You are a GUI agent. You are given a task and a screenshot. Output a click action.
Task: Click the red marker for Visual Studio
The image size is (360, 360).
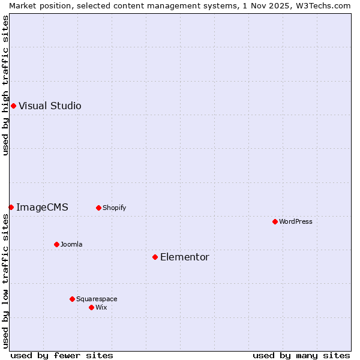coord(13,106)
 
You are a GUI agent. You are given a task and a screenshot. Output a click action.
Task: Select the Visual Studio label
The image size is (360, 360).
coord(50,106)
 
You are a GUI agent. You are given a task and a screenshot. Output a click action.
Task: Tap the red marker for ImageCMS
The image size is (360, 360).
coord(11,207)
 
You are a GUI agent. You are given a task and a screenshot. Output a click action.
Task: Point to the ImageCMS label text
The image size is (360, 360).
coord(42,208)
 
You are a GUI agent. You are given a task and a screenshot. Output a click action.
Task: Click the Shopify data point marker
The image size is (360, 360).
coord(98,208)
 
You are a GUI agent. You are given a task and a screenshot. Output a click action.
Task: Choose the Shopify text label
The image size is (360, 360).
coord(114,208)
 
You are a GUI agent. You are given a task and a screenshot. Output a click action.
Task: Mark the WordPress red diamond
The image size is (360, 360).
coord(275,221)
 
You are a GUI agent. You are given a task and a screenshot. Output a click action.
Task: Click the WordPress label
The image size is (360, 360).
coord(296,221)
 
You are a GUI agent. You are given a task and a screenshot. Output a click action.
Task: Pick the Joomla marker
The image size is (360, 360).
coord(56,244)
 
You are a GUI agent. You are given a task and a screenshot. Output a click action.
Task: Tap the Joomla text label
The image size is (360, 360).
coord(71,244)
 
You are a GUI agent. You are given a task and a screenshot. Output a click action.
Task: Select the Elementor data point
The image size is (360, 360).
coord(155,257)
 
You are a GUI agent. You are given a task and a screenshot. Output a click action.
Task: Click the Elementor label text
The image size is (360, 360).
coord(185,257)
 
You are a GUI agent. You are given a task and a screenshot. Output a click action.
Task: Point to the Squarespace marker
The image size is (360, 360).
coord(72,299)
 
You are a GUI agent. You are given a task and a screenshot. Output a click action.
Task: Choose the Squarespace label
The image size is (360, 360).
coord(97,299)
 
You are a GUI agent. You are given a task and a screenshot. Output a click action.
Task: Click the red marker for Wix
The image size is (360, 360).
coord(91,307)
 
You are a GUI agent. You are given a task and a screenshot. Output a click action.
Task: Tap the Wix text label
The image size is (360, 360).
coord(101,307)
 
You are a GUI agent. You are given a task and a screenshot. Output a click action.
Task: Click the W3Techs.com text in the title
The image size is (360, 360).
coord(327,5)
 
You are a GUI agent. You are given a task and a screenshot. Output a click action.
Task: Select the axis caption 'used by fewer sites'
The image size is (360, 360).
coord(62,355)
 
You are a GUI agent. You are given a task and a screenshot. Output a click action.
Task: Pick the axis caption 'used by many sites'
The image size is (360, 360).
coord(301,355)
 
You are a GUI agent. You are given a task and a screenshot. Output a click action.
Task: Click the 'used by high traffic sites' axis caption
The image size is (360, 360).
coord(5,85)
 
